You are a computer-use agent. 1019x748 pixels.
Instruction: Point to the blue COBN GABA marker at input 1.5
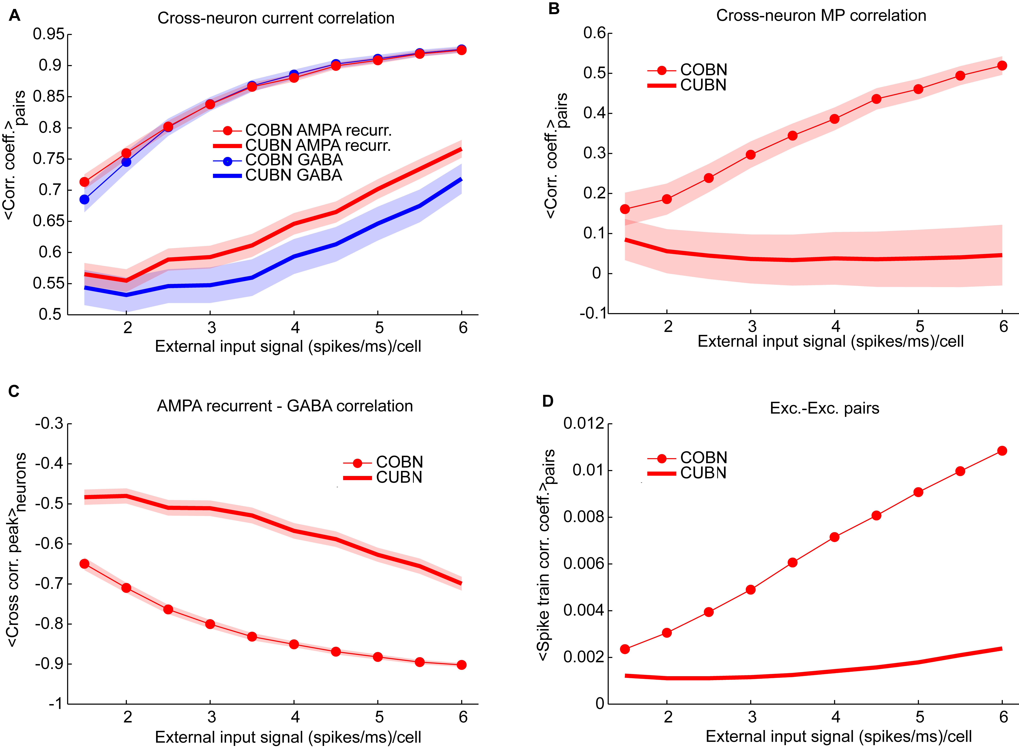pyautogui.click(x=84, y=199)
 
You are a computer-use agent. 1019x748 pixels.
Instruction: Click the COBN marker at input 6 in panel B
pyautogui.click(x=1002, y=66)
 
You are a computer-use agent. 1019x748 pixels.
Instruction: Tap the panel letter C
pyautogui.click(x=14, y=391)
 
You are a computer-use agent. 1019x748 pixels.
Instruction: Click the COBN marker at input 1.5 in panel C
pyautogui.click(x=84, y=564)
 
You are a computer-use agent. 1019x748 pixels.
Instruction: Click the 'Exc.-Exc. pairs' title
pyautogui.click(x=824, y=408)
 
